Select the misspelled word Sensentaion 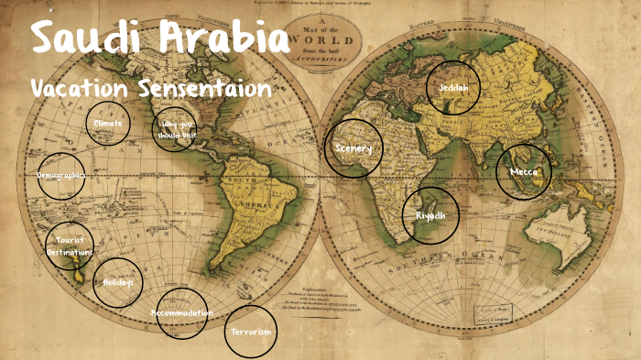(206, 89)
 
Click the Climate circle (108, 124)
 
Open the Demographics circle (61, 175)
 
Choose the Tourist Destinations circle (70, 245)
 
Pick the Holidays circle (118, 282)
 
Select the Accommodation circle (181, 312)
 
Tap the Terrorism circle (250, 331)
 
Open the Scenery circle (353, 147)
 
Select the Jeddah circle (453, 88)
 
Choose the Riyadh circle (430, 215)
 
